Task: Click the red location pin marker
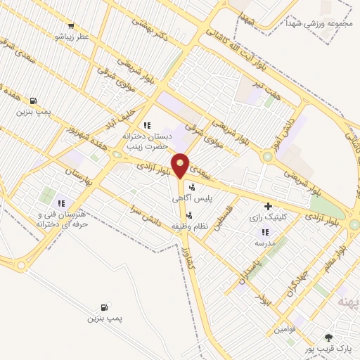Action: pos(181,166)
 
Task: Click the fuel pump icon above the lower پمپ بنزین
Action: pos(105,307)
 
